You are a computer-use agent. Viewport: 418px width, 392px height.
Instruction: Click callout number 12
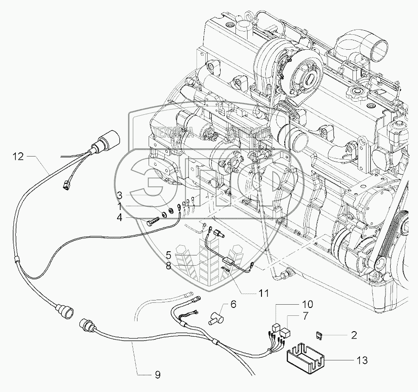[17, 157]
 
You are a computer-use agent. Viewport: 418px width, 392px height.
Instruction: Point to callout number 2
[354, 334]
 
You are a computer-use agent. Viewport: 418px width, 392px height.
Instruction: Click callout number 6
[233, 304]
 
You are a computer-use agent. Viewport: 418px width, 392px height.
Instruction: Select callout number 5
[169, 255]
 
